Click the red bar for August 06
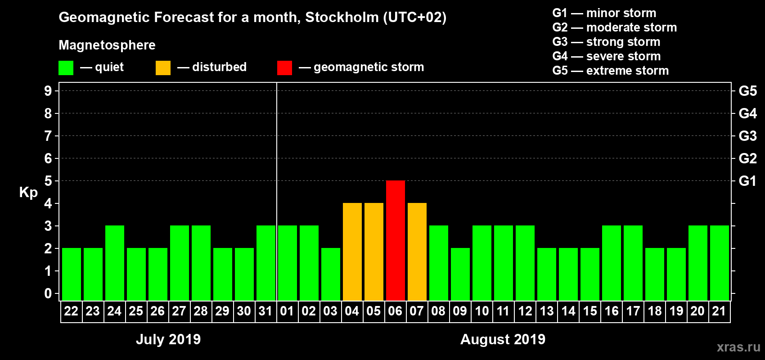click(395, 240)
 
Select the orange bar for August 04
click(352, 252)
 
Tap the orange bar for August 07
click(417, 252)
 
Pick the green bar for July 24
click(114, 263)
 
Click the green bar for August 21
click(719, 263)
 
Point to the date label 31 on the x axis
click(265, 311)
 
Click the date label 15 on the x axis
click(589, 311)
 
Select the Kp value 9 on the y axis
click(48, 91)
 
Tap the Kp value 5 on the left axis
click(48, 181)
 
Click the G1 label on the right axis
click(747, 181)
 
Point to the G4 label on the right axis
click(747, 113)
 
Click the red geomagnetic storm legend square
click(284, 68)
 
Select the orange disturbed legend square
click(163, 68)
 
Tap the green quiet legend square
click(66, 68)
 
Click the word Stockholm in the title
click(342, 18)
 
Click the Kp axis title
click(28, 193)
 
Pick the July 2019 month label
click(168, 339)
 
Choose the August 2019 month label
click(503, 339)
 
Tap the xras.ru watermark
click(738, 347)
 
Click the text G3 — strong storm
click(606, 42)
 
